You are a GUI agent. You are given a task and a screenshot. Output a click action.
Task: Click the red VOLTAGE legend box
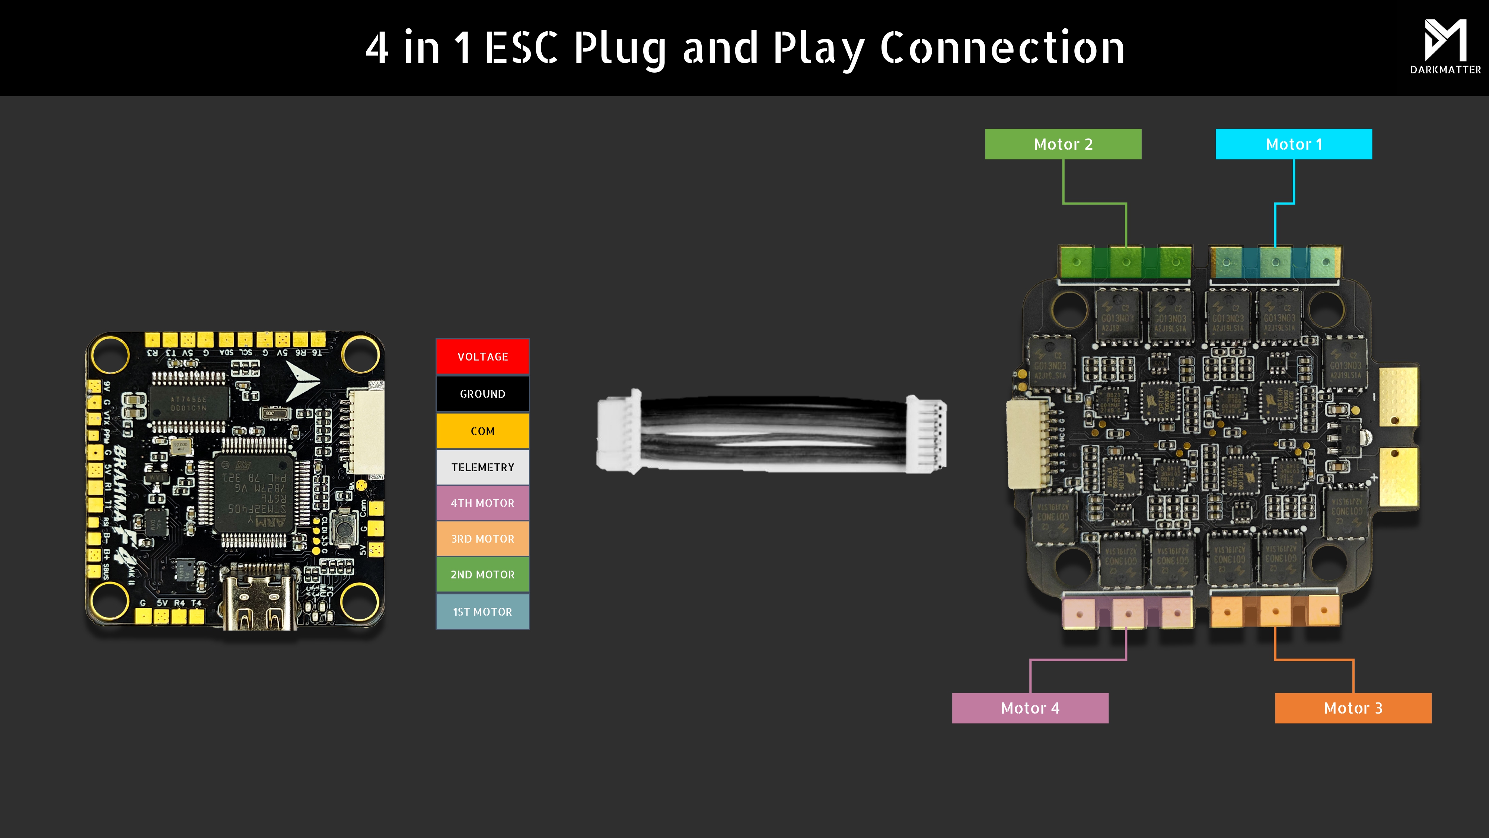483,357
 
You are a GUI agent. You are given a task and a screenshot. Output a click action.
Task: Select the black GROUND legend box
483,394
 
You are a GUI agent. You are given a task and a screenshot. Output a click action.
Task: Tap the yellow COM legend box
483,431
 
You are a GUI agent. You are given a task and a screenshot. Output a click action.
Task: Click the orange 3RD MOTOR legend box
483,539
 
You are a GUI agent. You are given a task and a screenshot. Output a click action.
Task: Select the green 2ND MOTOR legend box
483,575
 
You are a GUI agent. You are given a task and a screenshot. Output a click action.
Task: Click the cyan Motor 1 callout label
1294,144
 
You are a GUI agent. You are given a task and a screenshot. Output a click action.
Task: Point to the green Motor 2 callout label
1063,144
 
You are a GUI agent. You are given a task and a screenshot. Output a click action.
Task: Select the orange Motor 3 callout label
1353,708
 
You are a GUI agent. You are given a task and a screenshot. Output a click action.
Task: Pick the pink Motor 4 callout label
1030,708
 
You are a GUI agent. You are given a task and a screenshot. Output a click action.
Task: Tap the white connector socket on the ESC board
1028,444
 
